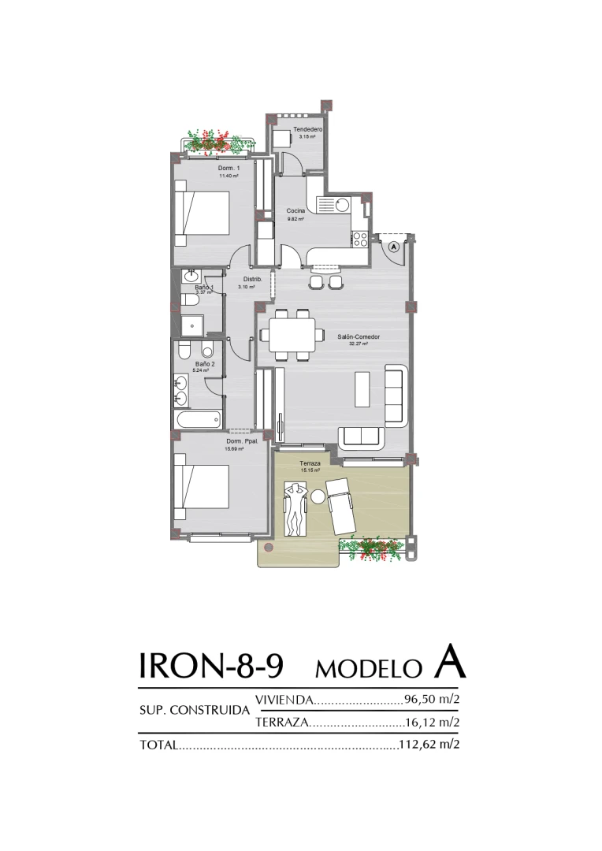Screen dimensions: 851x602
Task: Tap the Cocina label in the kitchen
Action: click(295, 210)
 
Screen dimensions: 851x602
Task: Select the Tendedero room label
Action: click(307, 129)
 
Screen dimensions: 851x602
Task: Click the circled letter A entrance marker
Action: click(395, 246)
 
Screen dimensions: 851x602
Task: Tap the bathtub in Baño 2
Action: click(198, 420)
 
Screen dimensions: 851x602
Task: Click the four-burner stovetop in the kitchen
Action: click(360, 237)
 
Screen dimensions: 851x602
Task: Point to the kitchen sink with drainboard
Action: click(334, 205)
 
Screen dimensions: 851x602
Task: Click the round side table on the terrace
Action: click(318, 497)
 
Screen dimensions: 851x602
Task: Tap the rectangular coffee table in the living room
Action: click(362, 388)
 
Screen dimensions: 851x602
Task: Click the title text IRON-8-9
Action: click(210, 666)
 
